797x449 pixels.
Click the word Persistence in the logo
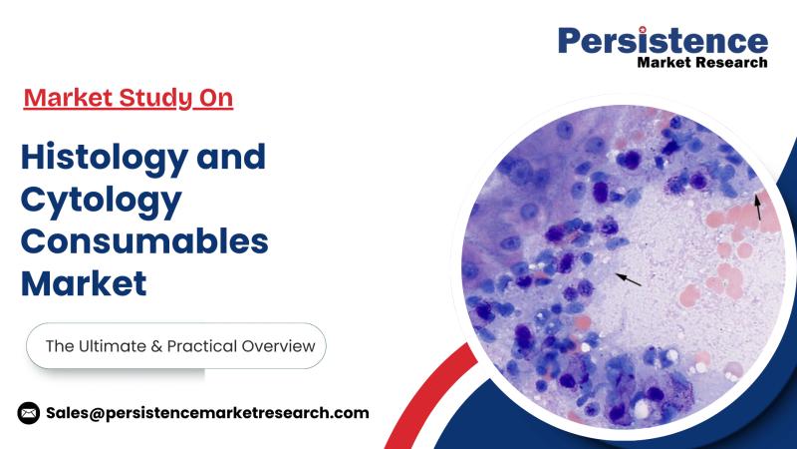click(x=663, y=41)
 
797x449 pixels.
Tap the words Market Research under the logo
click(x=702, y=63)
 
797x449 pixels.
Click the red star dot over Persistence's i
click(x=643, y=30)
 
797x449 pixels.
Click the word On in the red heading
click(x=216, y=98)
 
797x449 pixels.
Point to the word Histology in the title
click(x=105, y=159)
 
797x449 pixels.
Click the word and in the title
click(x=231, y=157)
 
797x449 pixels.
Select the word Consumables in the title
click(x=144, y=240)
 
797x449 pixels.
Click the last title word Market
click(x=84, y=283)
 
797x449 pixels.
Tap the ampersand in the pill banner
click(x=156, y=346)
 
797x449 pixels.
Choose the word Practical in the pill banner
click(x=202, y=346)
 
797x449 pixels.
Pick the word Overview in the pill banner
click(x=279, y=346)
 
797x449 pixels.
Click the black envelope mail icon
click(x=29, y=413)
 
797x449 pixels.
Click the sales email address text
click(x=207, y=413)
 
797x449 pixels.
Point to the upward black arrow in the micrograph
click(x=758, y=208)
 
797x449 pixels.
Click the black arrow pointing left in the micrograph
click(x=629, y=279)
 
